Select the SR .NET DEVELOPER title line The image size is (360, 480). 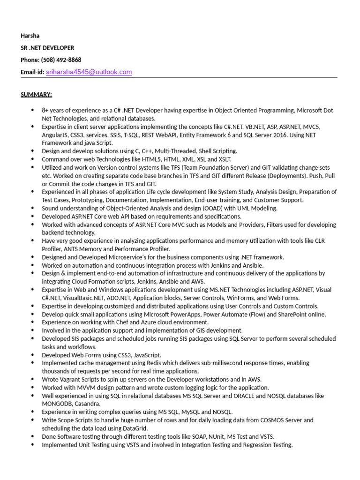[47, 48]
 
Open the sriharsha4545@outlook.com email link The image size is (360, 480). [89, 72]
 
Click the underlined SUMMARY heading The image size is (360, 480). [36, 94]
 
